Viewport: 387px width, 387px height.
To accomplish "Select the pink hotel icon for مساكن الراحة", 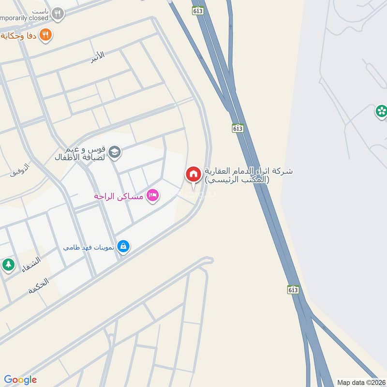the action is (x=152, y=196).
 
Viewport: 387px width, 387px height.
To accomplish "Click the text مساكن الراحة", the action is (x=119, y=197).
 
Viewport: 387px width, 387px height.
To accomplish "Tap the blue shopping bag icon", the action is (x=123, y=247).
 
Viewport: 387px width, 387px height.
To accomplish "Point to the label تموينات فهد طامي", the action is (x=89, y=247).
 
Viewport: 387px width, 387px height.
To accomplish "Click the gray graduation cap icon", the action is (x=115, y=153).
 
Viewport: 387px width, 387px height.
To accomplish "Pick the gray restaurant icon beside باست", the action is (x=58, y=14).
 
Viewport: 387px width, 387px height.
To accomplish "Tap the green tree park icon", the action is (x=8, y=265).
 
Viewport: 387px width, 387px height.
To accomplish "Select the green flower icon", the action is (x=381, y=112).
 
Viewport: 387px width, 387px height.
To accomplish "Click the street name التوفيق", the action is (x=20, y=170).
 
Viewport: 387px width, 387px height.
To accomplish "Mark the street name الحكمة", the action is (x=39, y=286).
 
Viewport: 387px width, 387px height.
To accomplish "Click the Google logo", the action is (x=20, y=380).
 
